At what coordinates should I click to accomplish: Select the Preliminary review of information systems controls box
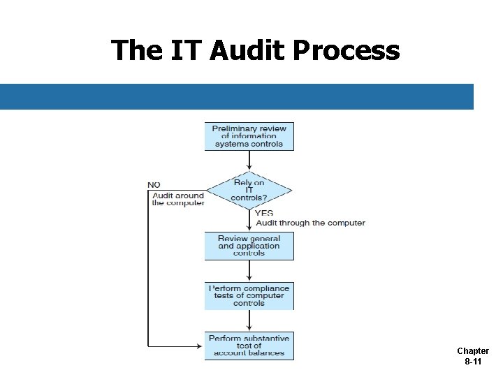(x=249, y=136)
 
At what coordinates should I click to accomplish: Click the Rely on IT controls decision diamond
(x=249, y=190)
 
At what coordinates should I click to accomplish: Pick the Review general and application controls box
(x=249, y=246)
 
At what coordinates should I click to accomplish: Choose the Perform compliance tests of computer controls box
(x=249, y=296)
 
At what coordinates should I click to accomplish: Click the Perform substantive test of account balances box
(x=249, y=346)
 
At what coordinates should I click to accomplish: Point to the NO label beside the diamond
(x=154, y=185)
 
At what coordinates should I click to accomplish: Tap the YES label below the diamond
(x=264, y=213)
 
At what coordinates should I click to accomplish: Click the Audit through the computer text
(x=310, y=223)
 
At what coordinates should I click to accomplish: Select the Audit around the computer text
(x=178, y=199)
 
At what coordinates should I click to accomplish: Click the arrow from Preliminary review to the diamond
(x=249, y=161)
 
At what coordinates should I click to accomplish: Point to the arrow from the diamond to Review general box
(x=249, y=221)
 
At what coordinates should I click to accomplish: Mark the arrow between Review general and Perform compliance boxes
(x=249, y=271)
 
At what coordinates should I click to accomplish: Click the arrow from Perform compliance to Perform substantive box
(x=249, y=320)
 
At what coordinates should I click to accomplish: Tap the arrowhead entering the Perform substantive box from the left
(x=200, y=346)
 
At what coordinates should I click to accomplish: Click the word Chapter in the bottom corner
(x=473, y=351)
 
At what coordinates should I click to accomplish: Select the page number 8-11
(x=473, y=362)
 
